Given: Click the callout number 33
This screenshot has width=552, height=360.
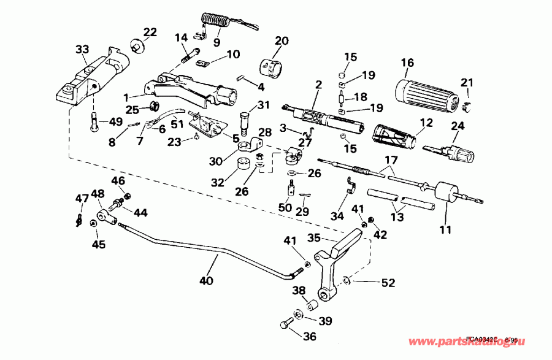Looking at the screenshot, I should (82, 49).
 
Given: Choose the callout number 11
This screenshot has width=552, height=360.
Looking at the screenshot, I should (445, 230).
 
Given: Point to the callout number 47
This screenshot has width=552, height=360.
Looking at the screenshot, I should (82, 198).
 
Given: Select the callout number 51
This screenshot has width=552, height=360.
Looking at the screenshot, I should (177, 124).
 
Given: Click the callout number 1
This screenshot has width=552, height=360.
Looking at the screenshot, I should (126, 97).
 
